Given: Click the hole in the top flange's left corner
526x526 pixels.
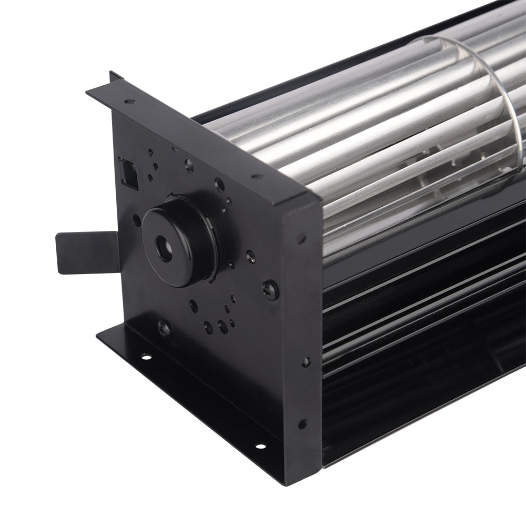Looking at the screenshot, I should point(128,102).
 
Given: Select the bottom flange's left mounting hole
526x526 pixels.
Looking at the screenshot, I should point(146,358).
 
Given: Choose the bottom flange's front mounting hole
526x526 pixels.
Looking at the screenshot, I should point(259,447).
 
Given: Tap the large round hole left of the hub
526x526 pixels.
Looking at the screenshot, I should point(137,220).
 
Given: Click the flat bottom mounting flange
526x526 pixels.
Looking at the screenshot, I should point(200,400).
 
